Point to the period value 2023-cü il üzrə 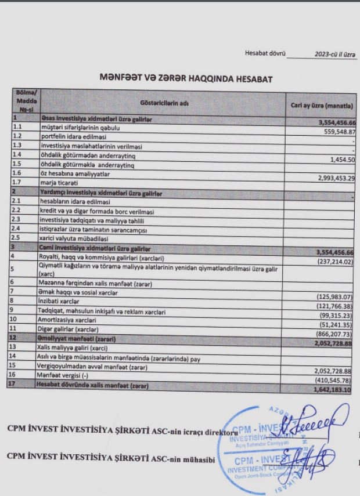coord(335,54)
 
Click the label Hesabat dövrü coord(265,53)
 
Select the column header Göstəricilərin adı coord(164,103)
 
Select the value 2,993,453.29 coord(327,178)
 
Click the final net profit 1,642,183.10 coord(330,390)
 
